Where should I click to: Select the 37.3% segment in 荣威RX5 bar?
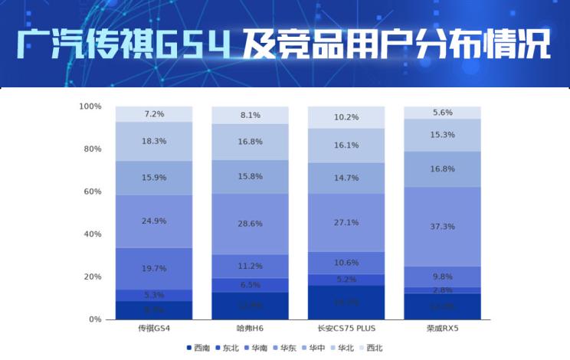442,227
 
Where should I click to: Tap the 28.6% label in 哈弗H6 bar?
250,223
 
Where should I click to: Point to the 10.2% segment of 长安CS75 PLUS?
346,117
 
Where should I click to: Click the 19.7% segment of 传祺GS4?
154,269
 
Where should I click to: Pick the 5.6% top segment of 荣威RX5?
442,113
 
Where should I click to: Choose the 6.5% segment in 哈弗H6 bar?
250,285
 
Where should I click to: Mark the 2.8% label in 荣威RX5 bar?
442,290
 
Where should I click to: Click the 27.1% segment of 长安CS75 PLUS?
346,223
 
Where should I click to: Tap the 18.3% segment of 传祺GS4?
154,142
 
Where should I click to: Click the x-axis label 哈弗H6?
250,329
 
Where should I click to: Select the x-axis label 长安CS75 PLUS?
346,329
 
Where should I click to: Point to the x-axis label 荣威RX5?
442,329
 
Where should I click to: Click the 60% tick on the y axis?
90,191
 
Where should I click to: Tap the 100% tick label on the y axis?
89,106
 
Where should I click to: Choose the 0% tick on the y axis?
93,319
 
